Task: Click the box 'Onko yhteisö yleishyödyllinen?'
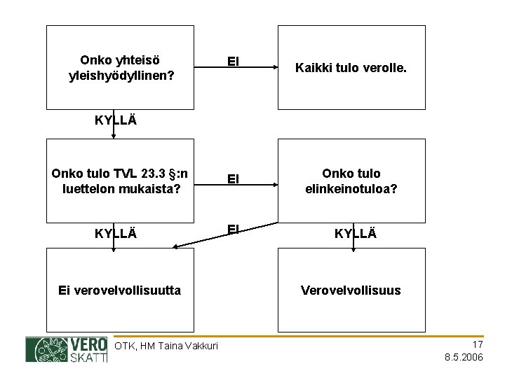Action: (x=119, y=67)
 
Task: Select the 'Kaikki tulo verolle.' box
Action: (x=351, y=68)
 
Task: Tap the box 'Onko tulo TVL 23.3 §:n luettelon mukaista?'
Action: (x=119, y=180)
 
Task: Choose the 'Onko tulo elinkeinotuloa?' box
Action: (x=351, y=180)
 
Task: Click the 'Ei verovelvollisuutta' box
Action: (x=119, y=289)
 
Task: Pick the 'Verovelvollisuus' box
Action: (x=351, y=289)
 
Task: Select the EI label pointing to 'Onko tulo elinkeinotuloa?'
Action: (x=234, y=180)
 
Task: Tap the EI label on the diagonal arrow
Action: (x=234, y=227)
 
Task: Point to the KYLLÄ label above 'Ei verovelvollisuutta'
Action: (x=116, y=232)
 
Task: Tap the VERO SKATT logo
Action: (x=67, y=349)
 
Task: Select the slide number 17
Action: (x=477, y=344)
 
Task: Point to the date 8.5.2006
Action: (x=464, y=357)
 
